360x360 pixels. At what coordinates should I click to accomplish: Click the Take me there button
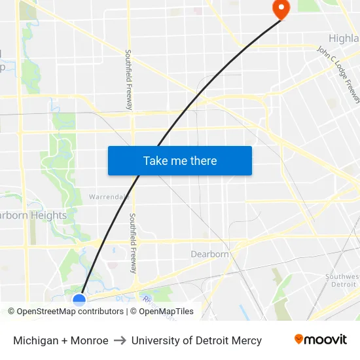coord(180,160)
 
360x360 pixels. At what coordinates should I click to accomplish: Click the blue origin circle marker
coord(79,300)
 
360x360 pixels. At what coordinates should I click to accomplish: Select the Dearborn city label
coord(210,254)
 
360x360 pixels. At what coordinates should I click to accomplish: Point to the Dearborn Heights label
coord(33,215)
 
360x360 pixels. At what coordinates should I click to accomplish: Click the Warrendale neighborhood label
coord(106,196)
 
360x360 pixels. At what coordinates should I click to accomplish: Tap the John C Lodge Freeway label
coord(338,74)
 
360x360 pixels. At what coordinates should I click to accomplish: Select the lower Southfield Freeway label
coord(133,243)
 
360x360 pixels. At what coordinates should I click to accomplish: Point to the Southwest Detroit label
coord(342,280)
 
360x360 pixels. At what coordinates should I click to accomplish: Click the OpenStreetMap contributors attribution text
coord(66,312)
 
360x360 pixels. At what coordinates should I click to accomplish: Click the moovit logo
coord(320,340)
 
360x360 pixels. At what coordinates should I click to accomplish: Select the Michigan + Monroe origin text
coord(61,340)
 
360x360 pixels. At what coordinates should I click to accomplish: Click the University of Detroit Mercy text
coord(196,340)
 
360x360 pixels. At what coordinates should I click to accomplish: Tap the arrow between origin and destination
coord(120,340)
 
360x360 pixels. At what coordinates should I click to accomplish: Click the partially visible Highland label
coord(344,39)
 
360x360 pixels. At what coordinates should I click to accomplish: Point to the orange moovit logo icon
coord(299,339)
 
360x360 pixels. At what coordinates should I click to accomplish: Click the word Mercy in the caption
coord(246,340)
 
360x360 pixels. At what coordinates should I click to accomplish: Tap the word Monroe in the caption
coord(90,340)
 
